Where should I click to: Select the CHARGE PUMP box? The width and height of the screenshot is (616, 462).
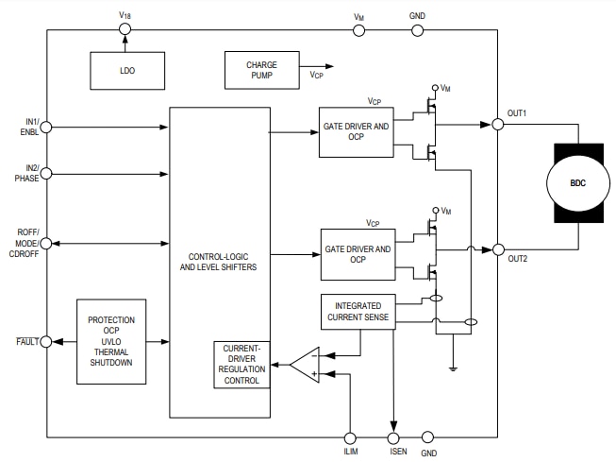click(x=261, y=71)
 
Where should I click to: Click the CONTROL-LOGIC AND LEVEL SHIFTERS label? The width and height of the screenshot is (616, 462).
click(x=218, y=261)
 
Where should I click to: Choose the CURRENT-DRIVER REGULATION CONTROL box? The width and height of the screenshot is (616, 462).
click(x=241, y=363)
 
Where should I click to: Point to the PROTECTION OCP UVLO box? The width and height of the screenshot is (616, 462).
click(x=111, y=342)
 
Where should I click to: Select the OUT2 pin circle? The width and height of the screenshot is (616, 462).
click(x=496, y=249)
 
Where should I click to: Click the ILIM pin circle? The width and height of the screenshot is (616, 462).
click(x=352, y=437)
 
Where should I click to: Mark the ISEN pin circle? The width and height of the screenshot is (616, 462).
click(x=395, y=437)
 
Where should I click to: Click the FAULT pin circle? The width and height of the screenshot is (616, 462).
click(x=47, y=341)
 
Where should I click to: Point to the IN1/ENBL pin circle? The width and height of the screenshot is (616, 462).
click(x=47, y=127)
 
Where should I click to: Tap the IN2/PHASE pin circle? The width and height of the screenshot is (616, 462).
click(x=47, y=173)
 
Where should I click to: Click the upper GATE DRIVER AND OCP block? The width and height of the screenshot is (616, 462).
click(x=357, y=131)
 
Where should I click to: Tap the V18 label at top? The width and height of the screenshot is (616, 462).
click(x=125, y=15)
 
